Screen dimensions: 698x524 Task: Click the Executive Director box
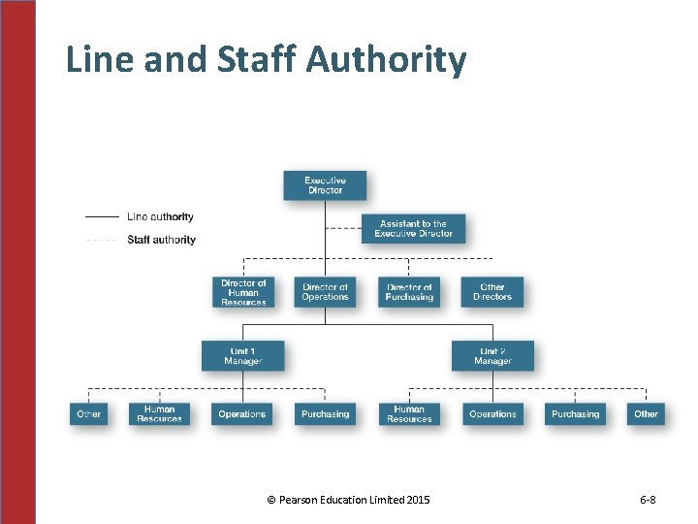(325, 185)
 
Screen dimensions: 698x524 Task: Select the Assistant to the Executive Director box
(413, 229)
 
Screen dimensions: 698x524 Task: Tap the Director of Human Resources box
(243, 292)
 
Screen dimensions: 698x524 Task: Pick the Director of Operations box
(325, 292)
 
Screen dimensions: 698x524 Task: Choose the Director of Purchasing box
(409, 292)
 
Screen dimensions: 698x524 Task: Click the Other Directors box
(492, 292)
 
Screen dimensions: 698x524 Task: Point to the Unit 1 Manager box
(242, 356)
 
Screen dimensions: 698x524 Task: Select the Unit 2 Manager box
(492, 356)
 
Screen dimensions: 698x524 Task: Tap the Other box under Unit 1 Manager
(89, 414)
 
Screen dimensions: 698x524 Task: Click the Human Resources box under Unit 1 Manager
(160, 414)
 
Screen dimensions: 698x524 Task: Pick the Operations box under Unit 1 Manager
(242, 414)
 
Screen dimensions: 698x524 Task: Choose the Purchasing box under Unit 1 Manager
(325, 414)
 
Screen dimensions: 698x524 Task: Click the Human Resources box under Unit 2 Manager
(409, 414)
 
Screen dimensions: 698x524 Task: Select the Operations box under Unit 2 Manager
(492, 414)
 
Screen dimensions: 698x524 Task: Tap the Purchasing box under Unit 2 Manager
(575, 414)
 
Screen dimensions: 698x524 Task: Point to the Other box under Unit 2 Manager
(646, 414)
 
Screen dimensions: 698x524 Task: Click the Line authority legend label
(160, 217)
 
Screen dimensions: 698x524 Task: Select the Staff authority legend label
(161, 240)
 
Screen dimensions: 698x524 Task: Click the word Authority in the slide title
(386, 60)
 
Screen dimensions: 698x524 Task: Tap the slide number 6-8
(648, 500)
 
